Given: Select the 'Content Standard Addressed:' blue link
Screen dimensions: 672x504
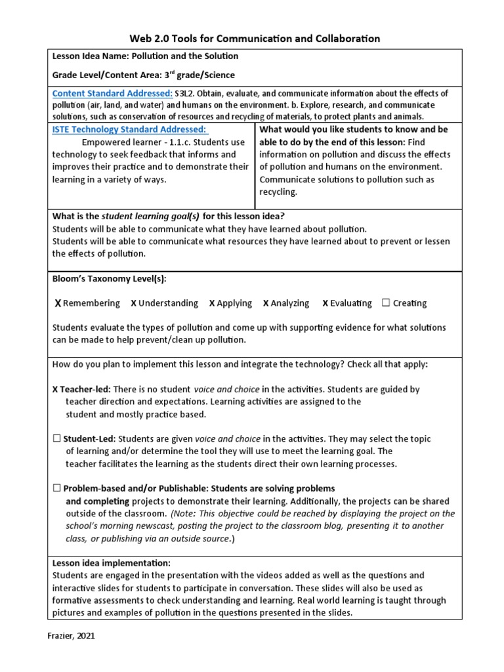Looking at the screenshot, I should click(112, 93).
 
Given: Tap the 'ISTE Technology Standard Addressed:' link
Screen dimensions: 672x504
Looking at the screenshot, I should click(129, 130).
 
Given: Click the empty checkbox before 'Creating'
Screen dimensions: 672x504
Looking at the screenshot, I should click(386, 303).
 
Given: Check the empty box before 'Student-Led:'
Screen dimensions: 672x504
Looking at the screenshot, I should click(57, 439).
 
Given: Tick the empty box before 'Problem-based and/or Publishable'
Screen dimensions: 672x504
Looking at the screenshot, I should click(57, 488).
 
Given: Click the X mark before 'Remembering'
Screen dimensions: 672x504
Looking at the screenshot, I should click(58, 303).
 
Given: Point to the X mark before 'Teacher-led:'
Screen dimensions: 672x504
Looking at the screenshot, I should click(55, 389).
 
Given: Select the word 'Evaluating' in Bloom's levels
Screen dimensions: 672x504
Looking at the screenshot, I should click(351, 303).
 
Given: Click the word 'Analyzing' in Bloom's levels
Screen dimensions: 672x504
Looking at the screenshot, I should click(290, 303).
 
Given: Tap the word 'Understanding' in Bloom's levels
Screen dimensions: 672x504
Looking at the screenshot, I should click(168, 303).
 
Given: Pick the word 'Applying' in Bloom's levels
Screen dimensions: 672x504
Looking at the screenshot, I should click(234, 303).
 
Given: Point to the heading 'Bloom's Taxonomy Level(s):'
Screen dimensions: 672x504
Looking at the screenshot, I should click(109, 279).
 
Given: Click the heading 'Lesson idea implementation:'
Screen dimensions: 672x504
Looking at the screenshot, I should click(111, 563).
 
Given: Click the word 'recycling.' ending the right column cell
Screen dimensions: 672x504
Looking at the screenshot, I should click(278, 192).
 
